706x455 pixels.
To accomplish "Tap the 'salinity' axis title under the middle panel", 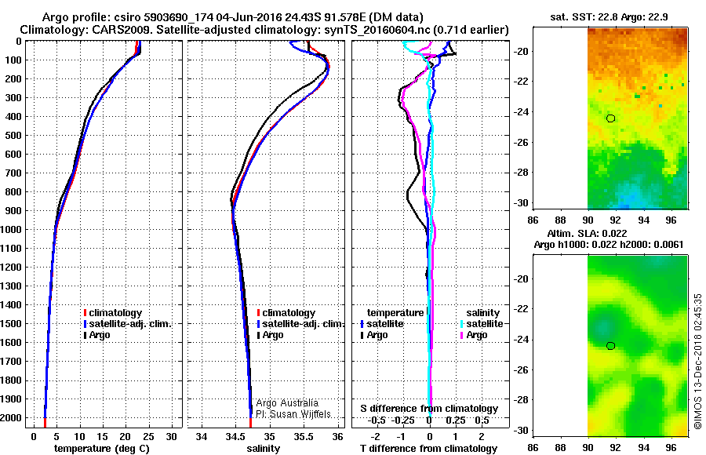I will [x=264, y=449].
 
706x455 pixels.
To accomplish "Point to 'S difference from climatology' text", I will [x=428, y=409].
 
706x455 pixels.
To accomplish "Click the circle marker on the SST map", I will [x=611, y=118].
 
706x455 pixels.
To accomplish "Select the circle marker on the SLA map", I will [x=611, y=346].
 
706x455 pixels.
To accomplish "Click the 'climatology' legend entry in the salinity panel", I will [x=289, y=313].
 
